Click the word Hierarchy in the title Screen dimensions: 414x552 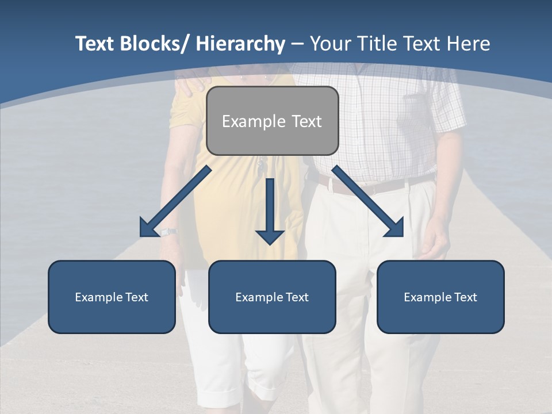[240, 44]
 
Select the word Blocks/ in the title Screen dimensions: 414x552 [154, 44]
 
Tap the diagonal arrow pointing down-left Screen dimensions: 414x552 [175, 201]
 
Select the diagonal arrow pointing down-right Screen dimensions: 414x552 [368, 201]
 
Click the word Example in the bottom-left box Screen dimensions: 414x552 [99, 297]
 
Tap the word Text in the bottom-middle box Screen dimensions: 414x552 [296, 297]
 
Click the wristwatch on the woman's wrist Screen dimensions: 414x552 [168, 232]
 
